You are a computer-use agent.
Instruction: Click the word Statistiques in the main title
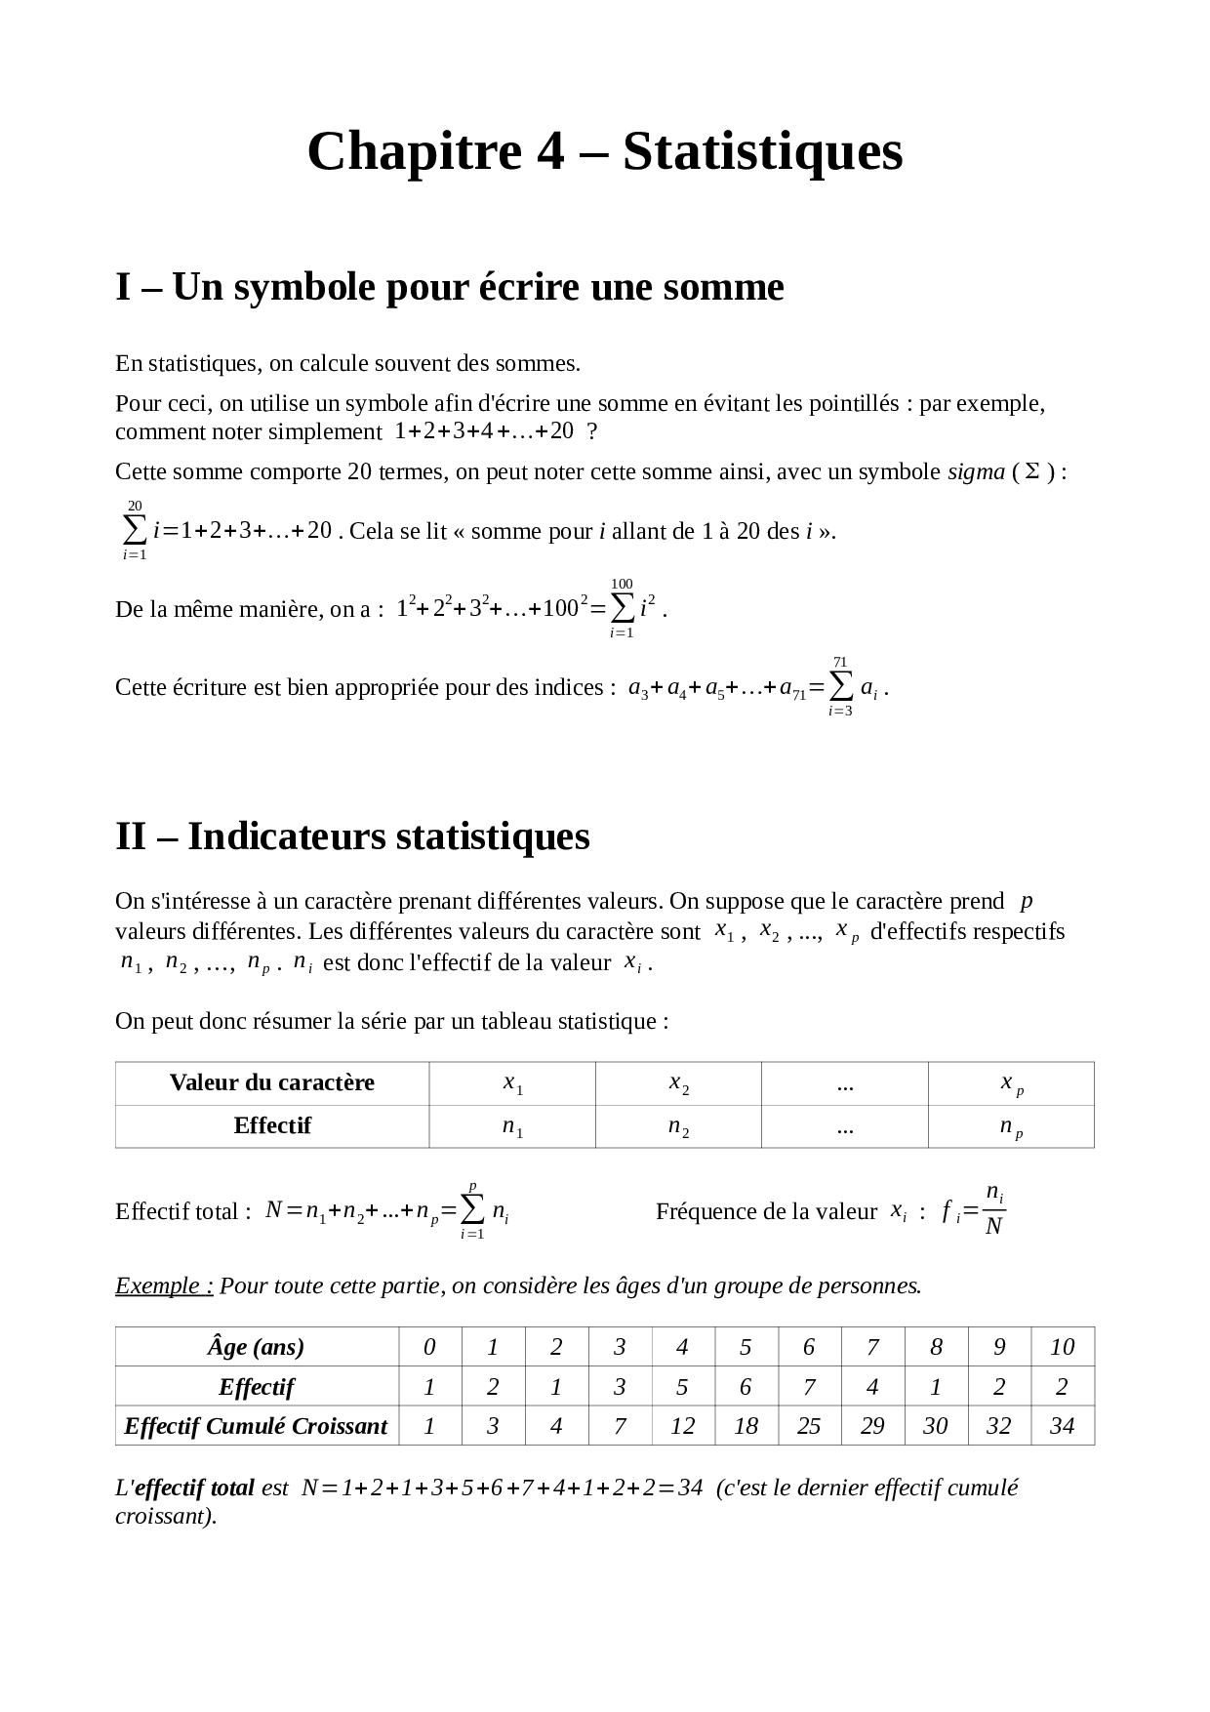762,152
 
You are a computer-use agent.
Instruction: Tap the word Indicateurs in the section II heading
285,836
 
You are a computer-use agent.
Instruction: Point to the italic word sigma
976,472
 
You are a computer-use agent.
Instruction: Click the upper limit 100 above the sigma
622,584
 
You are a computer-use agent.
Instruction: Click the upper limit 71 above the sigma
840,663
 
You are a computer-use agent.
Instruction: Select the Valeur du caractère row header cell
271,1083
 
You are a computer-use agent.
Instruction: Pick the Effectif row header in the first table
271,1126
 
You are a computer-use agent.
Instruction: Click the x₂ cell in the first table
678,1083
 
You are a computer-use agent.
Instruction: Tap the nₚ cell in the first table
1011,1127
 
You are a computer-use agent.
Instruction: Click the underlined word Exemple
163,1285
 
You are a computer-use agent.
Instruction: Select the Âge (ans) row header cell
256,1347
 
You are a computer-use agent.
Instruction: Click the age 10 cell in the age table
1062,1347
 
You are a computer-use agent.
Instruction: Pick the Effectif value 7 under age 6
808,1387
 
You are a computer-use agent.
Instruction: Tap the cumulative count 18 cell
746,1426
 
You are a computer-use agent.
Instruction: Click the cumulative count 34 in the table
1062,1426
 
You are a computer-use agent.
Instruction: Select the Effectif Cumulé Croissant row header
256,1426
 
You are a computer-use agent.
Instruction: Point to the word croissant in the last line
162,1517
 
